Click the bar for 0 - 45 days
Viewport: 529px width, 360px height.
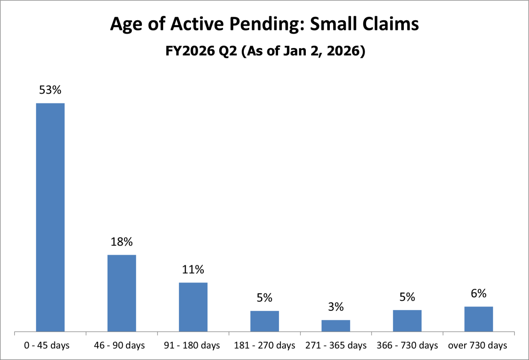pos(50,217)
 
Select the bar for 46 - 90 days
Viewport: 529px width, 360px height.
pos(122,293)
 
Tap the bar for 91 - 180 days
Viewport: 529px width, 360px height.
pos(193,307)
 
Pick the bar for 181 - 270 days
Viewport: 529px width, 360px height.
pos(264,321)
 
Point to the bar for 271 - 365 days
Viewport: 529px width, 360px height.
pos(336,325)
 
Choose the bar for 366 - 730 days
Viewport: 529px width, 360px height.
pos(407,320)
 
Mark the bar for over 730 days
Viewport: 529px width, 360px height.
pos(479,319)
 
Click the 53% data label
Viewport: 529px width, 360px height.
pos(50,90)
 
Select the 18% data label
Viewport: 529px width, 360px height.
pos(122,242)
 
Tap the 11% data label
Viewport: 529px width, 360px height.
pos(193,270)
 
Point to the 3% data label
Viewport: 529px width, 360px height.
pos(336,307)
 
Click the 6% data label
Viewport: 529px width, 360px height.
pos(479,293)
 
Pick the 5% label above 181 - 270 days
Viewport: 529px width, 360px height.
pos(264,298)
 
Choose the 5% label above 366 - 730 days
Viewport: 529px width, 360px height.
pos(407,297)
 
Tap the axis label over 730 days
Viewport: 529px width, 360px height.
pos(478,346)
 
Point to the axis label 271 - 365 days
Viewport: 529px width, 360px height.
pos(336,346)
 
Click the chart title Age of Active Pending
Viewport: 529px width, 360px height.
pos(264,25)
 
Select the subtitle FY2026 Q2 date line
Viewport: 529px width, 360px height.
pos(264,52)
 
